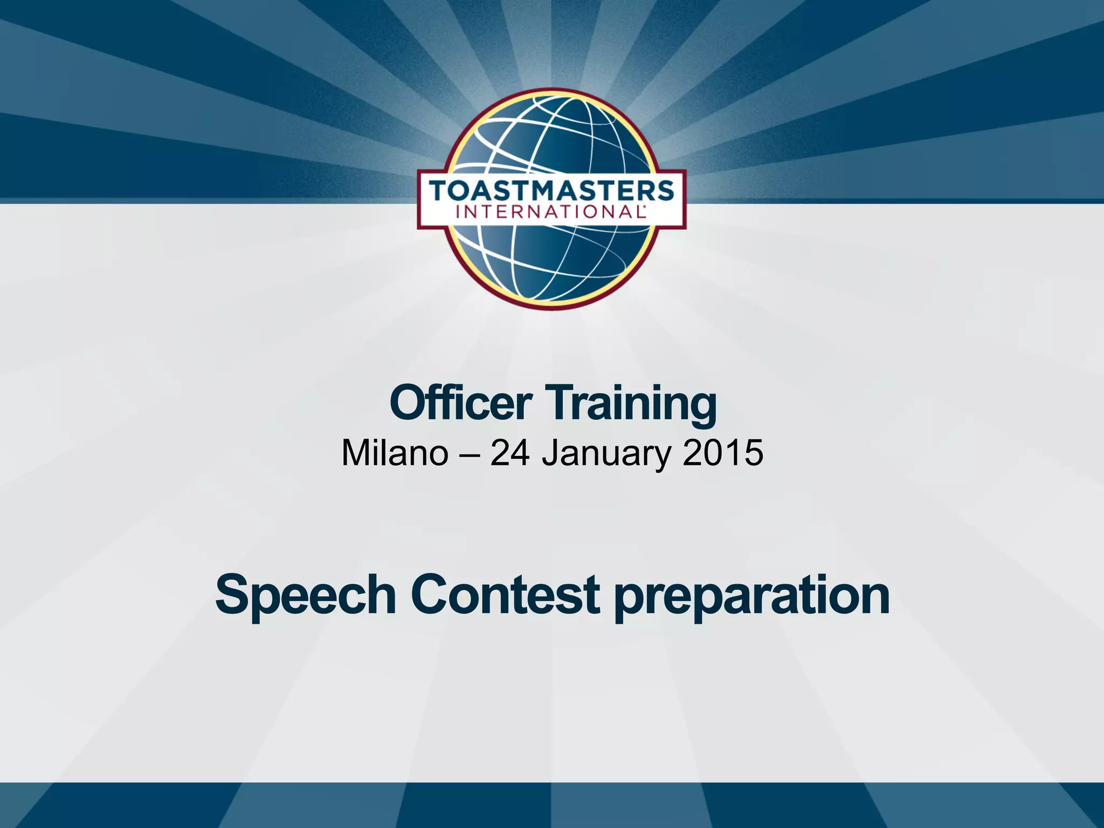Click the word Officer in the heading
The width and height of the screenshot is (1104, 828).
(x=461, y=403)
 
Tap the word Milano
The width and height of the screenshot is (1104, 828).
(x=395, y=453)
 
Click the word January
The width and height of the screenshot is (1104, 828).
(x=606, y=454)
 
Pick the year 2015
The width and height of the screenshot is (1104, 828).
(x=722, y=453)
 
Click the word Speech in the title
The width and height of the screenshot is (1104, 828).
(x=305, y=595)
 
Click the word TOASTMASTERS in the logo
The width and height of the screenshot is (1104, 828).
(x=551, y=191)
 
